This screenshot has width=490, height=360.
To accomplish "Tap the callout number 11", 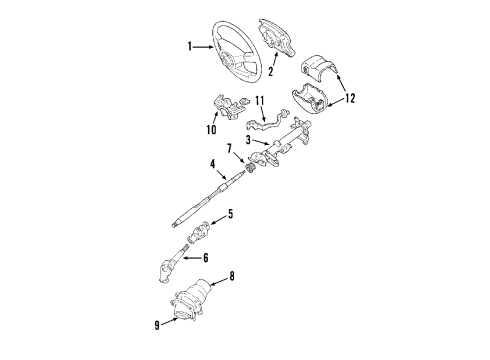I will [x=259, y=101].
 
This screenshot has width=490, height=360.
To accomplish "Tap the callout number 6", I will [x=207, y=257].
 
